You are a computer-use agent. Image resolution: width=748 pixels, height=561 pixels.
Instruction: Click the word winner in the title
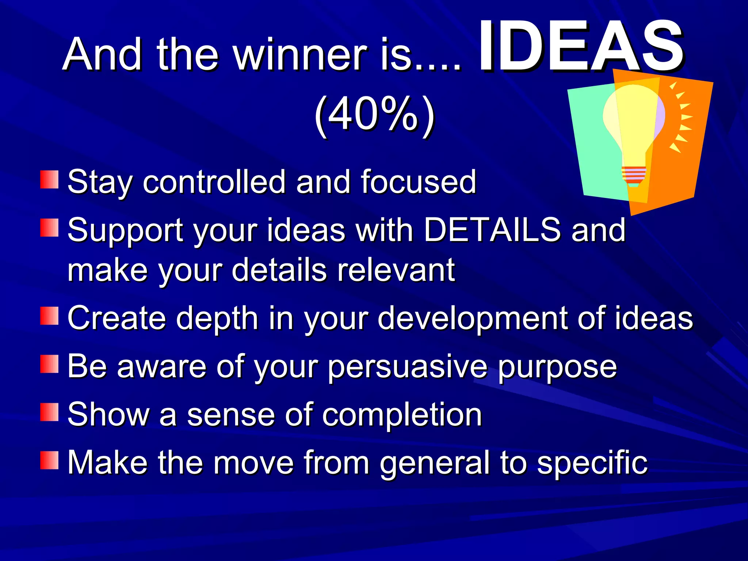coord(299,55)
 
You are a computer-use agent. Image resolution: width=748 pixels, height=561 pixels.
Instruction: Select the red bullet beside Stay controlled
coord(49,179)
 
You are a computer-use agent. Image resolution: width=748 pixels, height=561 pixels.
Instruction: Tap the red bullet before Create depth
coord(49,316)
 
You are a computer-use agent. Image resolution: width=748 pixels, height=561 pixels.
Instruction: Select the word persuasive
coord(408,366)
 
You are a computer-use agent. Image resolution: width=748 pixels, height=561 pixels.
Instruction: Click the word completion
coord(402,415)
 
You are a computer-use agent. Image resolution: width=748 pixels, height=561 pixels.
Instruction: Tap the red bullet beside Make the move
coord(49,460)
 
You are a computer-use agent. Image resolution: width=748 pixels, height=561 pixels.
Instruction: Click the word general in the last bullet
coord(435,463)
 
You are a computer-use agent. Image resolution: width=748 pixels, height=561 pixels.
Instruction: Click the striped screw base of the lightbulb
coord(634,175)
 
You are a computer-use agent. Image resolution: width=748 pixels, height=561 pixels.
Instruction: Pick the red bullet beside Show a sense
coord(49,412)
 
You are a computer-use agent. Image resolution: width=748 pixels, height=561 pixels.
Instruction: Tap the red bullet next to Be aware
coord(49,364)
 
